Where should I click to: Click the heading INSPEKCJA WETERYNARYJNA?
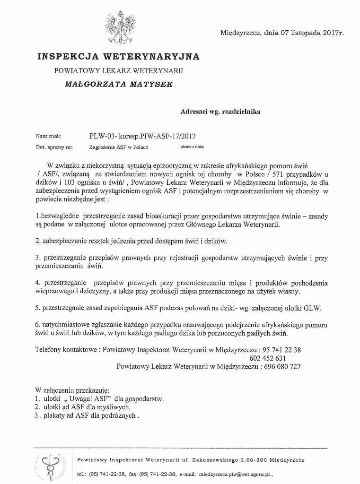pos(118,57)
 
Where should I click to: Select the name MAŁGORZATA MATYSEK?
pos(119,84)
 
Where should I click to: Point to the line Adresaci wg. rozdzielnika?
pos(220,112)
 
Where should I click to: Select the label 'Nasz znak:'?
pos(49,136)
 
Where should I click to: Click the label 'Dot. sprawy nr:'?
pos(54,147)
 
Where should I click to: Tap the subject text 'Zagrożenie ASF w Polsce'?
pos(119,147)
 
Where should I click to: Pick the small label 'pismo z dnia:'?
pos(193,147)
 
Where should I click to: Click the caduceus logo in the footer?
pos(49,466)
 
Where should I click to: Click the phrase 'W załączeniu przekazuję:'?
pos(72,390)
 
